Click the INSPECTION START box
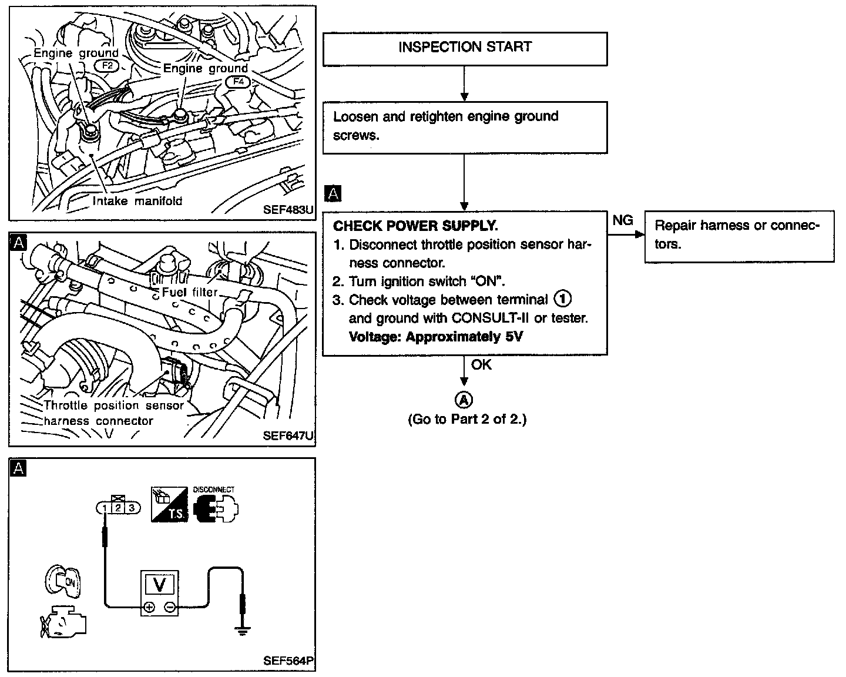[x=465, y=48]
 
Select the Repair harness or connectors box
[x=739, y=235]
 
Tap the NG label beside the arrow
[x=623, y=220]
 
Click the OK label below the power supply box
[x=481, y=365]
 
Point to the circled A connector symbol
[x=464, y=400]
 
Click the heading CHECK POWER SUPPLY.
[x=415, y=226]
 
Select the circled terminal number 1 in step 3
[x=562, y=299]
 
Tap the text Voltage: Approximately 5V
[x=435, y=337]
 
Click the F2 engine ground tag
[x=108, y=66]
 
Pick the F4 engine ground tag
[x=239, y=82]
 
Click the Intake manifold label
[x=137, y=201]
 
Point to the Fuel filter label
[x=189, y=292]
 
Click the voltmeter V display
[x=159, y=584]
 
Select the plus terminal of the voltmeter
[x=149, y=608]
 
